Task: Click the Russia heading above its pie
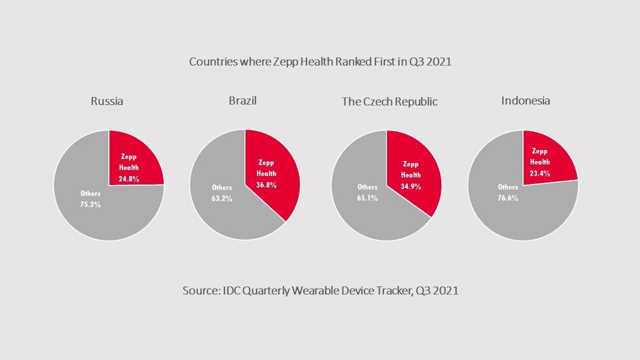(107, 101)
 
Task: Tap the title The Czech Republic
(389, 101)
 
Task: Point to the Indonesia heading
(525, 100)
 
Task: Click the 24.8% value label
(129, 179)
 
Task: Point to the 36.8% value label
(266, 185)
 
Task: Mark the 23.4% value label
(540, 173)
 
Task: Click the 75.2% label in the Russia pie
(90, 204)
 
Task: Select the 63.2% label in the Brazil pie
(222, 198)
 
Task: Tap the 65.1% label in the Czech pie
(367, 198)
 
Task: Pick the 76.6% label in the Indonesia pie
(508, 198)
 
